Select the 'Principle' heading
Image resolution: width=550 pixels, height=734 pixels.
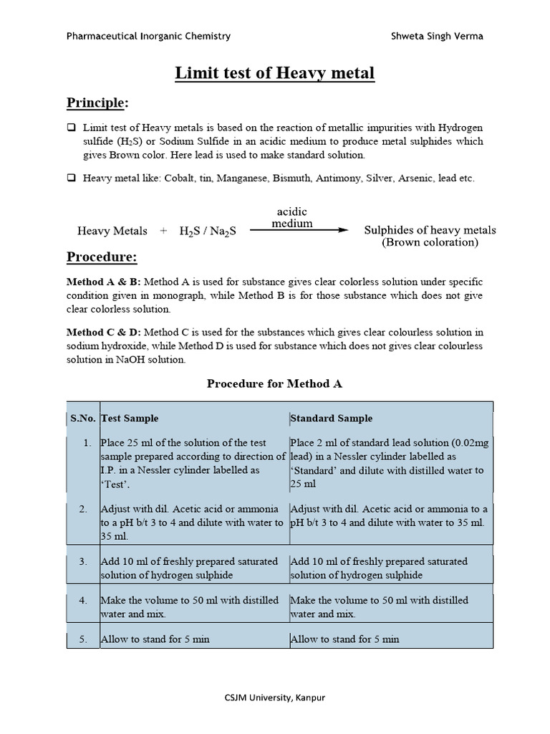pyautogui.click(x=95, y=103)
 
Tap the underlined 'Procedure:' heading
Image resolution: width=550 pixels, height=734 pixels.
pyautogui.click(x=102, y=257)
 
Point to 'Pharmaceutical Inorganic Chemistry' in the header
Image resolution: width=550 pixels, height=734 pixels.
pyautogui.click(x=148, y=37)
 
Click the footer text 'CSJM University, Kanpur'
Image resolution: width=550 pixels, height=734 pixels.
pyautogui.click(x=275, y=697)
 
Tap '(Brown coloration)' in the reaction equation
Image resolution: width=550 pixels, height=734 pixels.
pyautogui.click(x=430, y=242)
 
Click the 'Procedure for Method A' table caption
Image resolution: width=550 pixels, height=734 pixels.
pyautogui.click(x=274, y=383)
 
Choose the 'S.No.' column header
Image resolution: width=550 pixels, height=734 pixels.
pyautogui.click(x=83, y=418)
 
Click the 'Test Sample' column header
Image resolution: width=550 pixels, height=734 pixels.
pyautogui.click(x=130, y=418)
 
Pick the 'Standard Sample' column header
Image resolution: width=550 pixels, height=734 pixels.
pyautogui.click(x=332, y=418)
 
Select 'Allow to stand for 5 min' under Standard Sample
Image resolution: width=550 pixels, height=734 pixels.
pyautogui.click(x=345, y=639)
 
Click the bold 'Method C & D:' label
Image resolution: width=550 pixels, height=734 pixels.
pyautogui.click(x=104, y=332)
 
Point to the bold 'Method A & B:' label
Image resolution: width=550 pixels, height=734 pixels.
pyautogui.click(x=104, y=282)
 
